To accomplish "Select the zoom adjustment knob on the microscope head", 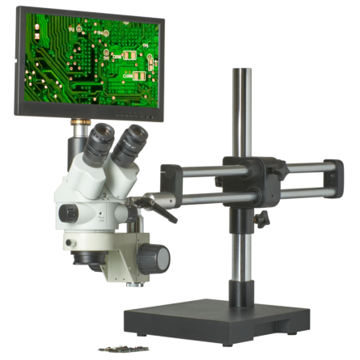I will click(x=68, y=213).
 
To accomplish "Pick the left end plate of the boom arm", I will click(x=171, y=182).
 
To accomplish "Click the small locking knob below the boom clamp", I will click(x=262, y=218).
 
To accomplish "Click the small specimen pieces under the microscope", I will click(x=121, y=349).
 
